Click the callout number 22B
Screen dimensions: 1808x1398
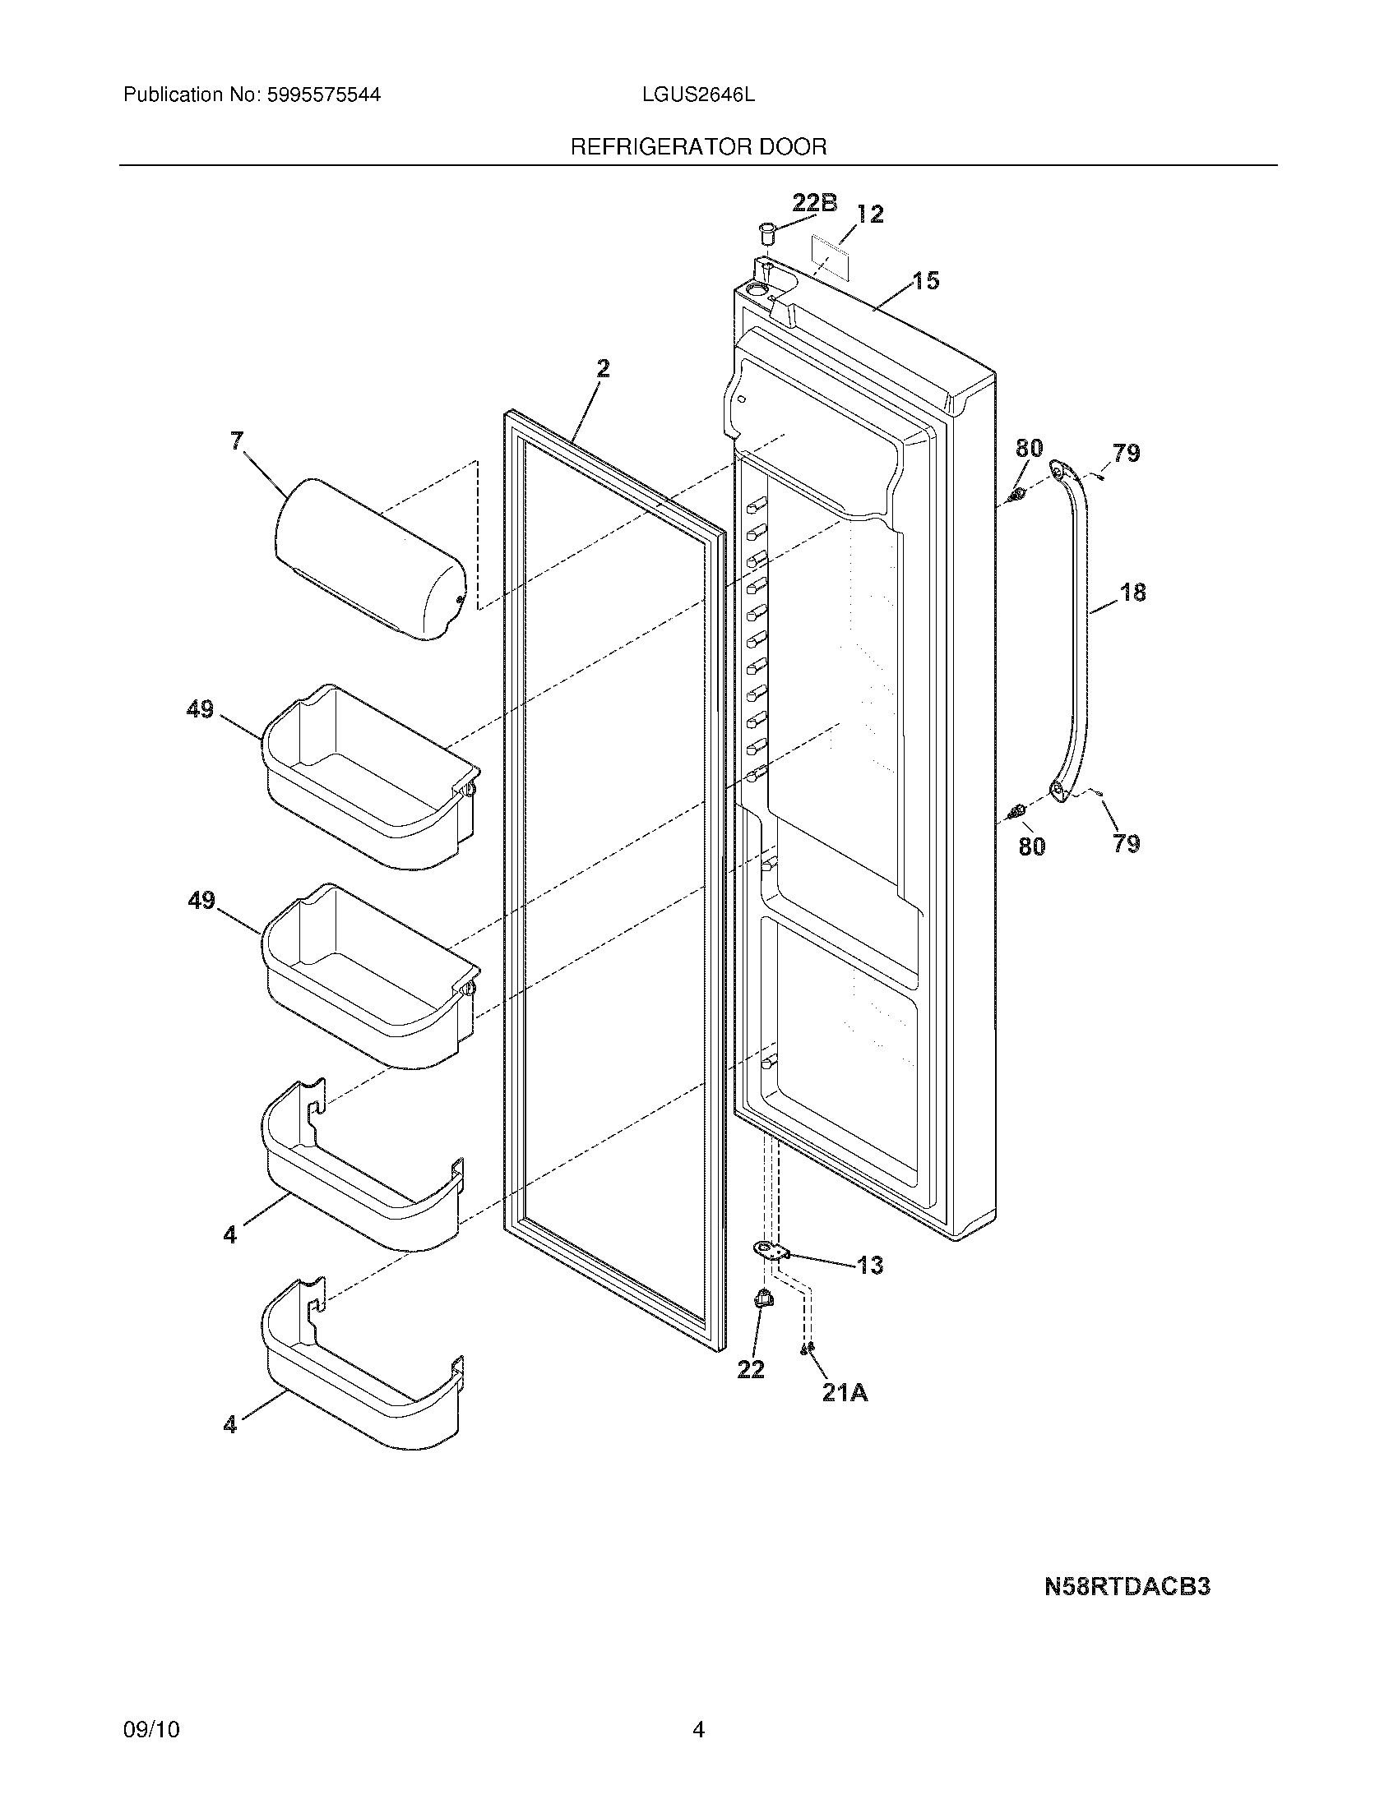814,203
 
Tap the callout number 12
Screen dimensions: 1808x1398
869,214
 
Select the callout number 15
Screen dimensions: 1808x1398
926,280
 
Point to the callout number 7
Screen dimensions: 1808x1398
238,441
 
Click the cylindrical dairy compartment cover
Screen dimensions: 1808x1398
369,559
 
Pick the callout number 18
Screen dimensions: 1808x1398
1132,593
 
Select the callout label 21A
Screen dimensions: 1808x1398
845,1393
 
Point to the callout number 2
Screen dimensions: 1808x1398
603,368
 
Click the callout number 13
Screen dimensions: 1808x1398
869,1265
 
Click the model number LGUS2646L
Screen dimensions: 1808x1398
698,95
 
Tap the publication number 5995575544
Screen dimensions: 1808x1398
323,95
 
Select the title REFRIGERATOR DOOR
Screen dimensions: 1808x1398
698,147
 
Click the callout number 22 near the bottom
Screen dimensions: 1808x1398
750,1369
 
